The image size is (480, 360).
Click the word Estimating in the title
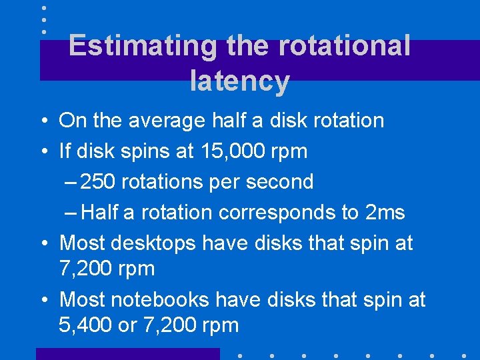[x=141, y=46]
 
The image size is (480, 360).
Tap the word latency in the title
[x=239, y=81]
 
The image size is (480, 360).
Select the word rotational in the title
[x=343, y=46]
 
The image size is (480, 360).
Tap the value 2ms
[x=385, y=212]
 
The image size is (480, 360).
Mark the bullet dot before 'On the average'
[x=42, y=121]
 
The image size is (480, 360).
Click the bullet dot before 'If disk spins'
[x=42, y=152]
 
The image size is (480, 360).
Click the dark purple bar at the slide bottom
[x=127, y=354]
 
